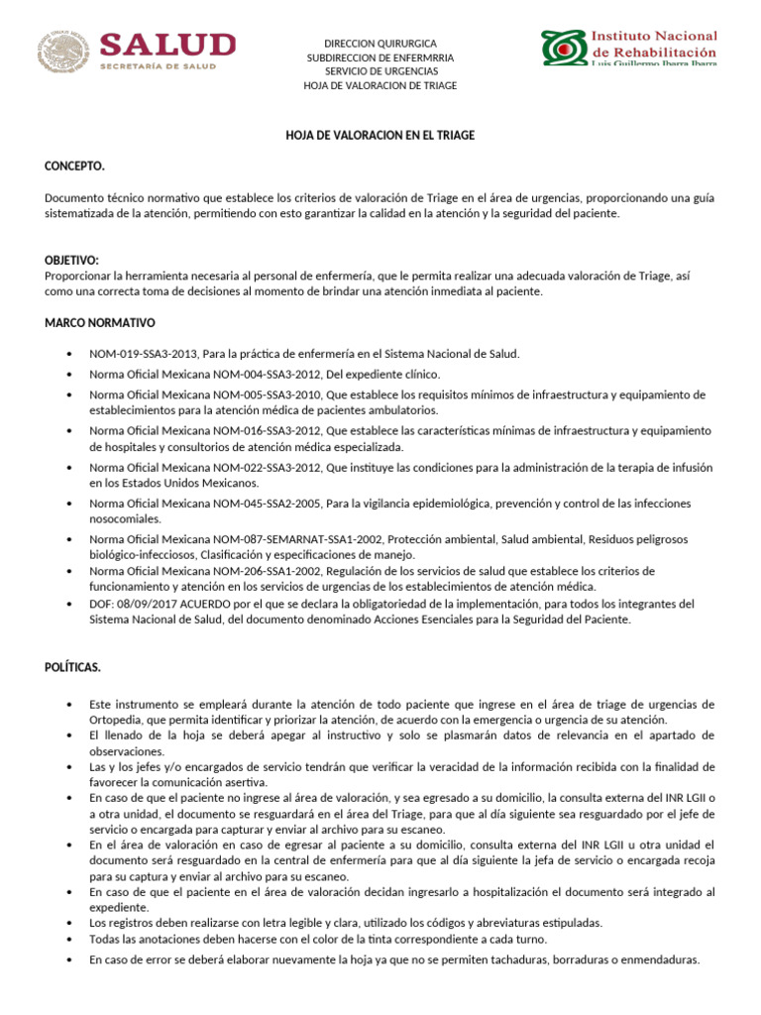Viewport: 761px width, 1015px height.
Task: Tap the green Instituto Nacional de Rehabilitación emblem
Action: (x=563, y=47)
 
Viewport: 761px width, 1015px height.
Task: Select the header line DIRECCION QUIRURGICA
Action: (x=380, y=44)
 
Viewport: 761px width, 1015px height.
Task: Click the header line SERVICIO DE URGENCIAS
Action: (x=380, y=71)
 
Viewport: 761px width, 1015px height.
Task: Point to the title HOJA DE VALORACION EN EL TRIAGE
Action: (x=380, y=135)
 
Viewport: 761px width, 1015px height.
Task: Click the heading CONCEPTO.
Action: (x=74, y=166)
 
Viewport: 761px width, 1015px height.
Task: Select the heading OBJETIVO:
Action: (x=72, y=260)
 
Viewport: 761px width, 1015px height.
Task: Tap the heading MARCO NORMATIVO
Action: (x=99, y=323)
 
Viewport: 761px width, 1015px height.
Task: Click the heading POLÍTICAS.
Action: (x=72, y=667)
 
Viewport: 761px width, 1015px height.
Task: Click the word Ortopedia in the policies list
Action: (x=117, y=720)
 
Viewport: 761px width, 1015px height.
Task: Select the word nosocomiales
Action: (x=123, y=518)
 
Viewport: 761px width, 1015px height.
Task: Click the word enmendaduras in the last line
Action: (x=662, y=959)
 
